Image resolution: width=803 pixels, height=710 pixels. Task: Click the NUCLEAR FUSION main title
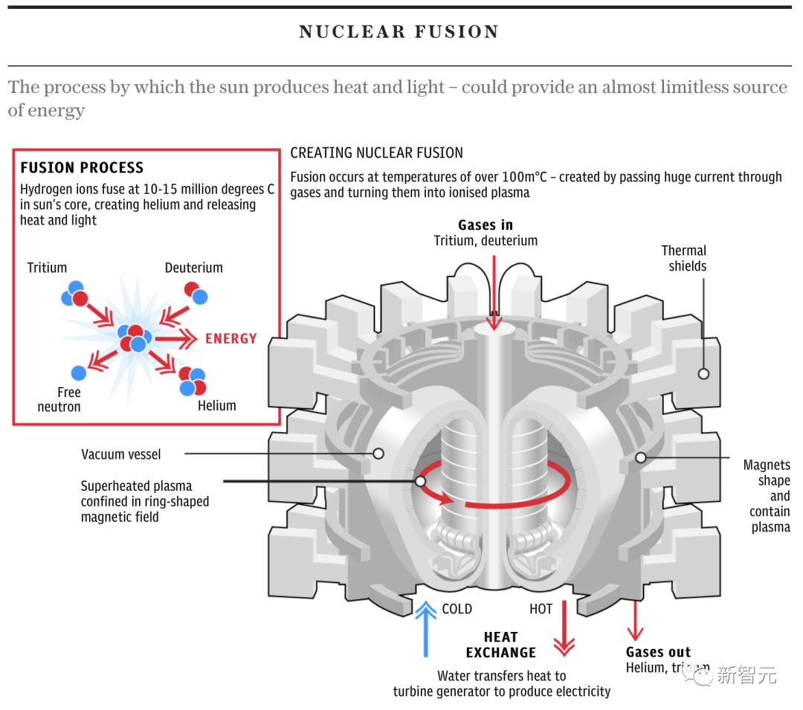point(399,32)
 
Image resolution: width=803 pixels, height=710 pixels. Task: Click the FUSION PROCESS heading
point(82,168)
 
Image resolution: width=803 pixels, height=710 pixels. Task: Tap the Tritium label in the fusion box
point(47,268)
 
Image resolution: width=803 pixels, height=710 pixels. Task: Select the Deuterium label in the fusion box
point(193,268)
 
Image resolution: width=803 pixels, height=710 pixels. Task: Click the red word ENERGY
point(231,339)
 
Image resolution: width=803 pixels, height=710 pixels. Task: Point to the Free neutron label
point(59,399)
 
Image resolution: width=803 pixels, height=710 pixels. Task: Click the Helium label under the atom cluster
point(217,406)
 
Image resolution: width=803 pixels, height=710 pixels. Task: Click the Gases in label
point(486,225)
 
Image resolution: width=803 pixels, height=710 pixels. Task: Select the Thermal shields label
point(684,258)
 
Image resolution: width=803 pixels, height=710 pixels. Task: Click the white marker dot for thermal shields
point(703,374)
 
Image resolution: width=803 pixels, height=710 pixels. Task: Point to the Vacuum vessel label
point(120,454)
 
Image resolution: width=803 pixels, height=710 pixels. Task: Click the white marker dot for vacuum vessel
point(378,453)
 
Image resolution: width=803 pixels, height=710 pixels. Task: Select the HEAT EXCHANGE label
point(501,645)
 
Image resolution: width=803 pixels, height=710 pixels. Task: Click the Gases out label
point(658,652)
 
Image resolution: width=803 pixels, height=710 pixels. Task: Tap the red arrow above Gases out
point(634,621)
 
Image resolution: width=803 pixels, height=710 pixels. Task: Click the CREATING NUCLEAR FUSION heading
point(376,153)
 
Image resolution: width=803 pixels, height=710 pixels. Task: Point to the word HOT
point(541,609)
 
